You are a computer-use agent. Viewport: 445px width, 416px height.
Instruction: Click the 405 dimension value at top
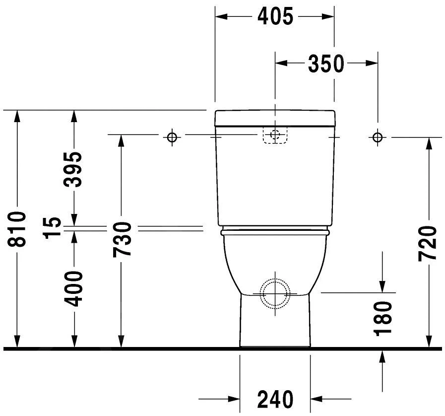275,16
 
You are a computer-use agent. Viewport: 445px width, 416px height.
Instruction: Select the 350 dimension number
326,64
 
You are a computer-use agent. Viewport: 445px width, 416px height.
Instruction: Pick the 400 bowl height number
74,288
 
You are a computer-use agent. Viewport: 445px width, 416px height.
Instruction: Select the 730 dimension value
122,240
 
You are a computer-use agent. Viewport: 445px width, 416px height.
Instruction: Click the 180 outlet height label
383,318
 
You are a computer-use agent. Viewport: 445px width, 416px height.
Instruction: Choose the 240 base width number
275,399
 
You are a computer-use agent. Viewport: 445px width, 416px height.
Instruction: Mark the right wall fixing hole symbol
378,137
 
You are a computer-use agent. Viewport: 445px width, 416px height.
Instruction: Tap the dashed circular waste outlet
275,293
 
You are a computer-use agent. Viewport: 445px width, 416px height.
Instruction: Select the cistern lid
275,118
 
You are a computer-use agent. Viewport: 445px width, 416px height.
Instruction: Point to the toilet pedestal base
275,323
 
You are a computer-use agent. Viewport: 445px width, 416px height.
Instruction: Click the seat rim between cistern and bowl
275,231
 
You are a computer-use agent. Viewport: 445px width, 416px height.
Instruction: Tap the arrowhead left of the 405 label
221,16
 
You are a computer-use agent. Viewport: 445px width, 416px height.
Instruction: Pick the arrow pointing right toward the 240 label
234,398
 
